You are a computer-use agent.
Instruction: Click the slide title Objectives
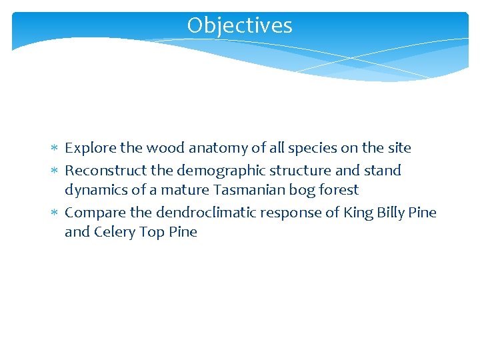pyautogui.click(x=239, y=25)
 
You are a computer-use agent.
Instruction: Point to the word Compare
pyautogui.click(x=95, y=213)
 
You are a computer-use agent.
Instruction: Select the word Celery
pyautogui.click(x=115, y=232)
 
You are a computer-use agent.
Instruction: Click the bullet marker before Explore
pyautogui.click(x=55, y=148)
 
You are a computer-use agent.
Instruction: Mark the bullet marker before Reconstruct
pyautogui.click(x=55, y=171)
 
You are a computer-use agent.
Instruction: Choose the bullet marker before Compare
pyautogui.click(x=55, y=213)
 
